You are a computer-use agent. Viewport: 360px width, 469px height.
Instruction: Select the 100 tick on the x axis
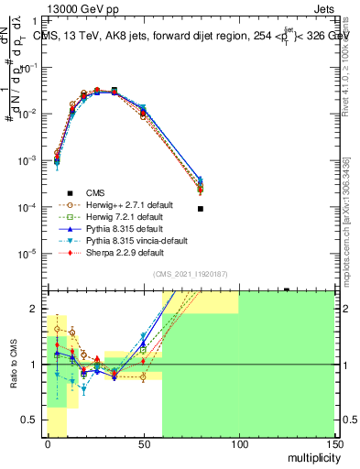[239, 443]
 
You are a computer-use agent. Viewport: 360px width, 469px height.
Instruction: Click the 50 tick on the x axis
[144, 443]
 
